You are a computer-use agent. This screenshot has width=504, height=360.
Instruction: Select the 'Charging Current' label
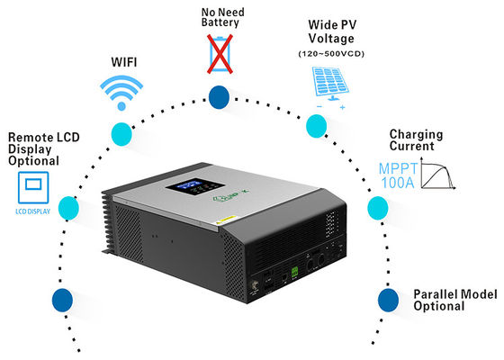tap(417, 140)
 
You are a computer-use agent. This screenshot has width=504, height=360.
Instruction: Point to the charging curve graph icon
tap(445, 176)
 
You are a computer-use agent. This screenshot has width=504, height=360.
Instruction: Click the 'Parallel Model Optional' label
tap(440, 301)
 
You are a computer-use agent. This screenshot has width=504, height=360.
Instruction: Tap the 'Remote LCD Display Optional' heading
tap(33, 148)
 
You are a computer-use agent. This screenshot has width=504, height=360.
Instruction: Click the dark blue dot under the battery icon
tap(218, 95)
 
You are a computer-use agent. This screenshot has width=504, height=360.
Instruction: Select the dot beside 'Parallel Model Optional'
tap(387, 298)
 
